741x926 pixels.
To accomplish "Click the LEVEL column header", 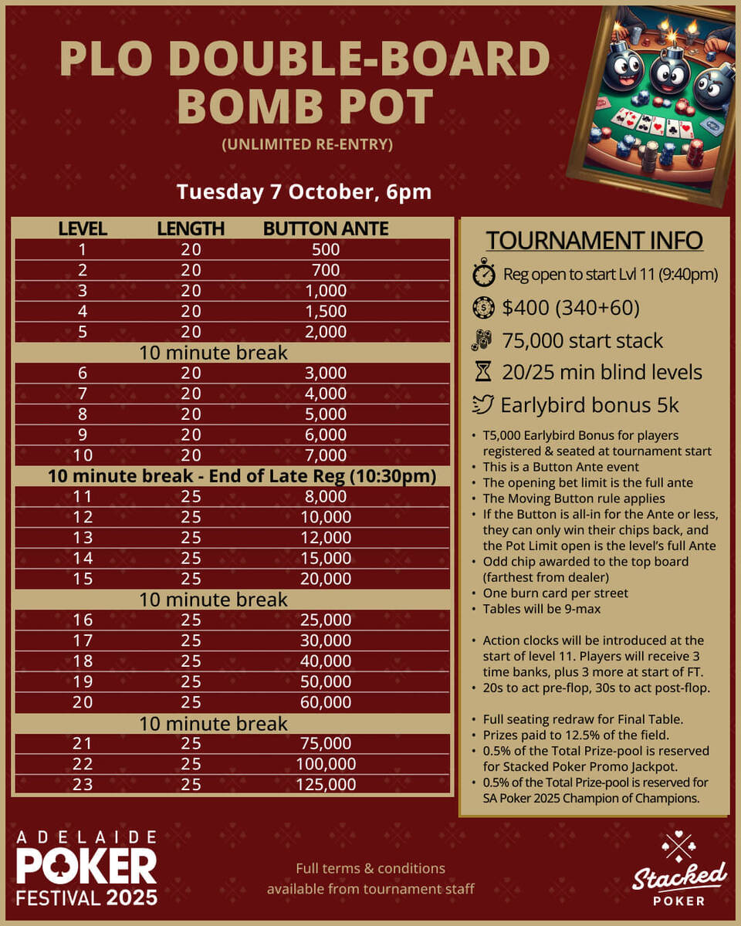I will [x=82, y=228].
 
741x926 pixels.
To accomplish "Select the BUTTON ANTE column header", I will [x=325, y=228].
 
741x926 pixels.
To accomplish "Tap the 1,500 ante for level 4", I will [x=326, y=311].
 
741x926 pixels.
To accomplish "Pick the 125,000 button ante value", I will [x=326, y=784].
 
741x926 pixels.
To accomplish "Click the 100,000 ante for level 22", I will [x=326, y=764].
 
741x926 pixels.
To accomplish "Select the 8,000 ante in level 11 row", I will [x=326, y=496].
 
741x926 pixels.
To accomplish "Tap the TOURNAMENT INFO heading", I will [x=594, y=240].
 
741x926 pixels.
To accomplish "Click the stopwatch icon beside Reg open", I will [x=482, y=273].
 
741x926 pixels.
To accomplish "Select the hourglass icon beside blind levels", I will [x=482, y=372].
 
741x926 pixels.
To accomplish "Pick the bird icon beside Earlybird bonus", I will [x=482, y=405].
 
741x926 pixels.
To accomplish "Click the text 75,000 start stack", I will [x=583, y=340].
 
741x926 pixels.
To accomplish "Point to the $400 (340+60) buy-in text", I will [x=570, y=307].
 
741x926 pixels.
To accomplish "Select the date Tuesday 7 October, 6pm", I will [x=303, y=191].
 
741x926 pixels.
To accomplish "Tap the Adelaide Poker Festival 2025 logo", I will [x=86, y=868].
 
